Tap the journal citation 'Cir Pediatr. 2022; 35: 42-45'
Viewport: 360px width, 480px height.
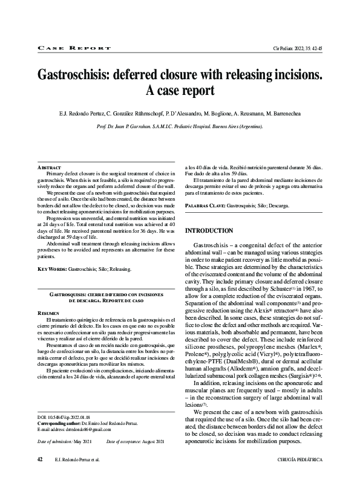coord(297,47)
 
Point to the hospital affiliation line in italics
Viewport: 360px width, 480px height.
coord(180,127)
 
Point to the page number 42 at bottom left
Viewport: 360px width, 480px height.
coord(41,459)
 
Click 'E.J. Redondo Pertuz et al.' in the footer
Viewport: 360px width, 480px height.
coord(78,460)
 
